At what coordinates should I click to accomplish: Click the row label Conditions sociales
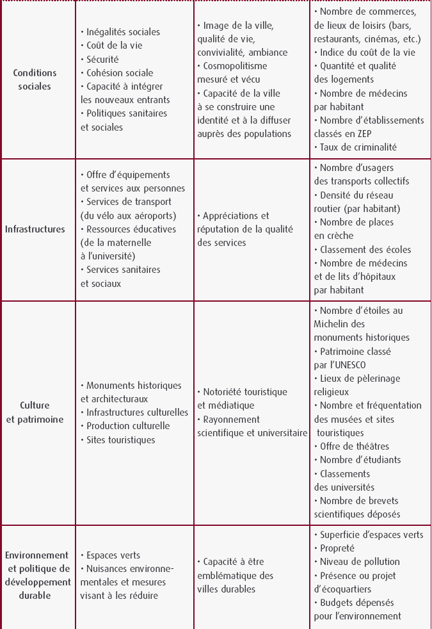35,79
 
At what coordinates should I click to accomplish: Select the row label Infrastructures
35,229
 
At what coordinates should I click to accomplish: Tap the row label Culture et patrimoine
35,413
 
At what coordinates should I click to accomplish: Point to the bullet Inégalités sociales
123,32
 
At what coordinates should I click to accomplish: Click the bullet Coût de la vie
114,45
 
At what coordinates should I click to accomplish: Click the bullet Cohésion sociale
120,72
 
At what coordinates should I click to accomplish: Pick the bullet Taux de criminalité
358,147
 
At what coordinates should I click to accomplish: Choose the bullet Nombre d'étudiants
360,460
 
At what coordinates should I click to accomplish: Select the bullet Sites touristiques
120,440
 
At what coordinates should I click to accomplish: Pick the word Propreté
337,548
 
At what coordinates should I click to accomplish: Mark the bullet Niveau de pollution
359,562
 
